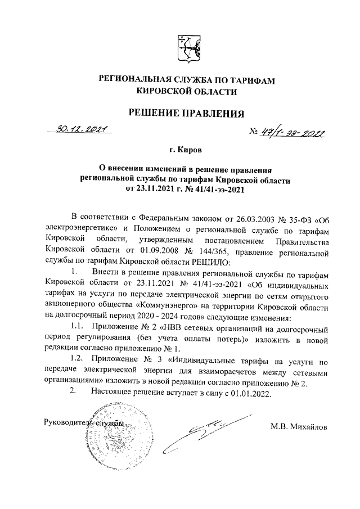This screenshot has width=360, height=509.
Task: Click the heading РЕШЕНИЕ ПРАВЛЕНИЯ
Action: coord(187,114)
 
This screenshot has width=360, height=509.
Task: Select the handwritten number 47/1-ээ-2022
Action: coord(292,132)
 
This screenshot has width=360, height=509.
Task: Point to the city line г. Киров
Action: coord(187,151)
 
